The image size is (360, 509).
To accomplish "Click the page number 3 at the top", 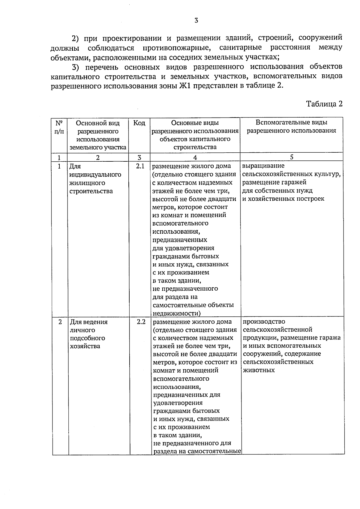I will pyautogui.click(x=196, y=20).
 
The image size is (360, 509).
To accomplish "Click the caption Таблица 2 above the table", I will pyautogui.click(x=324, y=104).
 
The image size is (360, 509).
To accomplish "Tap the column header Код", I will pyautogui.click(x=139, y=123).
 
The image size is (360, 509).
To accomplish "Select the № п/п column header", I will pyautogui.click(x=59, y=127).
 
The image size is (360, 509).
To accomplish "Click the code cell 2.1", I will pyautogui.click(x=140, y=166).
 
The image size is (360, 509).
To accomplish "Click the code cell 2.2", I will pyautogui.click(x=141, y=322).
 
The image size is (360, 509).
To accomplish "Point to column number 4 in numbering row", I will pyautogui.click(x=195, y=157).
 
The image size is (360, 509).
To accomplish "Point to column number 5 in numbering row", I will pyautogui.click(x=292, y=157).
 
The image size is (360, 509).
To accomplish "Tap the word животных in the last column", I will pyautogui.click(x=259, y=370).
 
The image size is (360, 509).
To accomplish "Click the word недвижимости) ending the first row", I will pyautogui.click(x=177, y=313).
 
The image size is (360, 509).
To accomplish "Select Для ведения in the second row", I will pyautogui.click(x=89, y=322).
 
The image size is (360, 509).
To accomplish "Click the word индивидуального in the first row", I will pyautogui.click(x=95, y=175).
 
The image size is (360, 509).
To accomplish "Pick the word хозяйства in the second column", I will pyautogui.click(x=85, y=346).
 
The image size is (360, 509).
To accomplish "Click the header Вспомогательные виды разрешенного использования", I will pyautogui.click(x=291, y=127).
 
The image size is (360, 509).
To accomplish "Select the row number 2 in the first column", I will pyautogui.click(x=60, y=322).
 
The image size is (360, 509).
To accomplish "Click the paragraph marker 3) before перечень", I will pyautogui.click(x=77, y=67).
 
